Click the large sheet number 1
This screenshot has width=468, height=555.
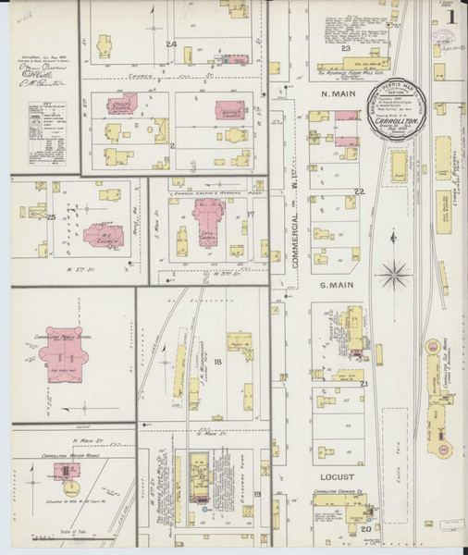pos(450,16)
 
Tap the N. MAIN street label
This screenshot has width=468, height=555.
pos(339,94)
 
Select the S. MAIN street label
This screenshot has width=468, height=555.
pos(338,287)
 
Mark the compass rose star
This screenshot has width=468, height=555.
pos(399,275)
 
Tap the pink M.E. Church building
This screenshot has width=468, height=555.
pos(101,232)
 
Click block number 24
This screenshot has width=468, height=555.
pos(170,44)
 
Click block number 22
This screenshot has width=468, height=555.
pos(359,191)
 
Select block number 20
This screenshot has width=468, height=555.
pos(364,528)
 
